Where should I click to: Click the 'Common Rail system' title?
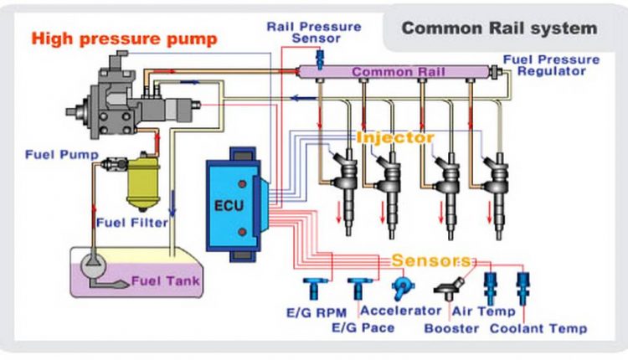(x=500, y=28)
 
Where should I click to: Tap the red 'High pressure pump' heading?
(x=124, y=39)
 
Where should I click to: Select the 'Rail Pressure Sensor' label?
(x=315, y=32)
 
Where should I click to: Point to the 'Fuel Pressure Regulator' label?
(x=551, y=65)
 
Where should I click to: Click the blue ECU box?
(x=238, y=206)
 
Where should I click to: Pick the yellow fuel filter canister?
(x=143, y=180)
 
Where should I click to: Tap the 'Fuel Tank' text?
(x=166, y=280)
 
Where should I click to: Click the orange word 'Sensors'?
(x=430, y=260)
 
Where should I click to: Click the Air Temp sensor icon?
(x=490, y=287)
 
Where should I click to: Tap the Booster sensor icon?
(x=448, y=287)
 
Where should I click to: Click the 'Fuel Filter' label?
(x=131, y=223)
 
